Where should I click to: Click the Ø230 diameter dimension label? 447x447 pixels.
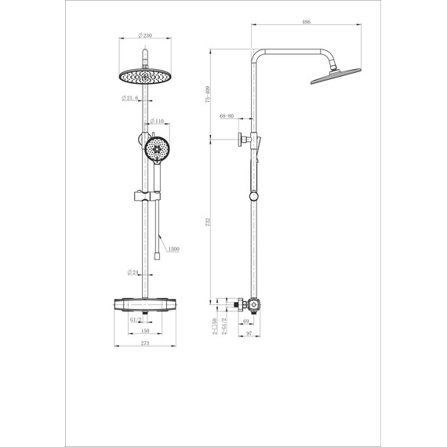coord(144,35)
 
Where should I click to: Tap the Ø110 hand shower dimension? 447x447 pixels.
coord(157,122)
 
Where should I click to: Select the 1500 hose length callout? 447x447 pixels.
coord(173,249)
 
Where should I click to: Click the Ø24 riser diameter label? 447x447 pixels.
coord(134,272)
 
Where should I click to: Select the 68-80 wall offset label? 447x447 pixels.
coord(227,116)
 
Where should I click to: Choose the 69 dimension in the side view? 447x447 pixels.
coord(245,322)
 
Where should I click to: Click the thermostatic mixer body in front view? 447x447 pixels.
coord(144,307)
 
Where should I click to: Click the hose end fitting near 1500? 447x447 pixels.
coord(159,253)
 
